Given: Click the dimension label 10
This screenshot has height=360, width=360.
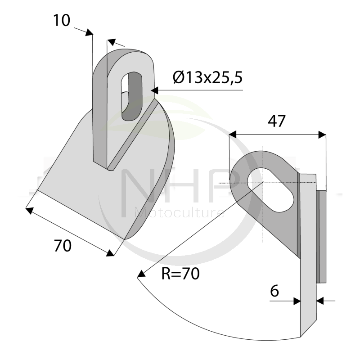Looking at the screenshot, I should point(62,20).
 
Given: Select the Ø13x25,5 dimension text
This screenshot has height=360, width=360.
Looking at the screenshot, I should point(207,78).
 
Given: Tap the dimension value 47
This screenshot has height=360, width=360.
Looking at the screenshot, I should point(276,121).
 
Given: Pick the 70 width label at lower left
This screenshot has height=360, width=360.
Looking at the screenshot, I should point(63,246).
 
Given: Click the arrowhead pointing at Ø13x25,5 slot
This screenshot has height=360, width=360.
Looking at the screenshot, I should point(155,90).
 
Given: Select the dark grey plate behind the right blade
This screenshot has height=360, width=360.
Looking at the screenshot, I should point(321,236).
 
